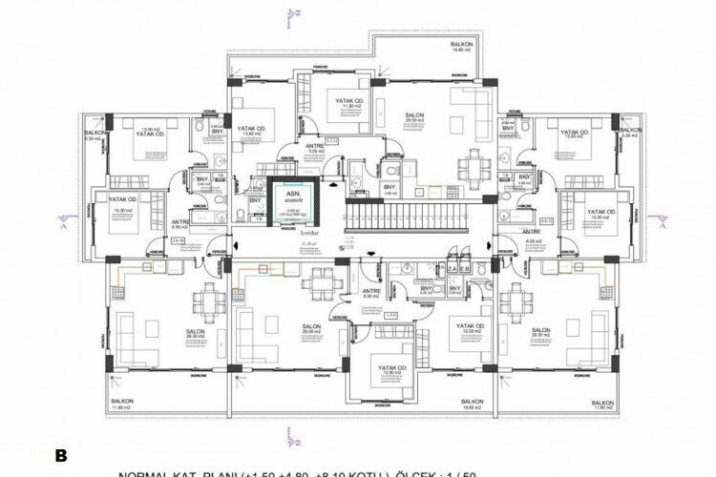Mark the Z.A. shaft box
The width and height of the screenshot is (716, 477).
445,269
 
